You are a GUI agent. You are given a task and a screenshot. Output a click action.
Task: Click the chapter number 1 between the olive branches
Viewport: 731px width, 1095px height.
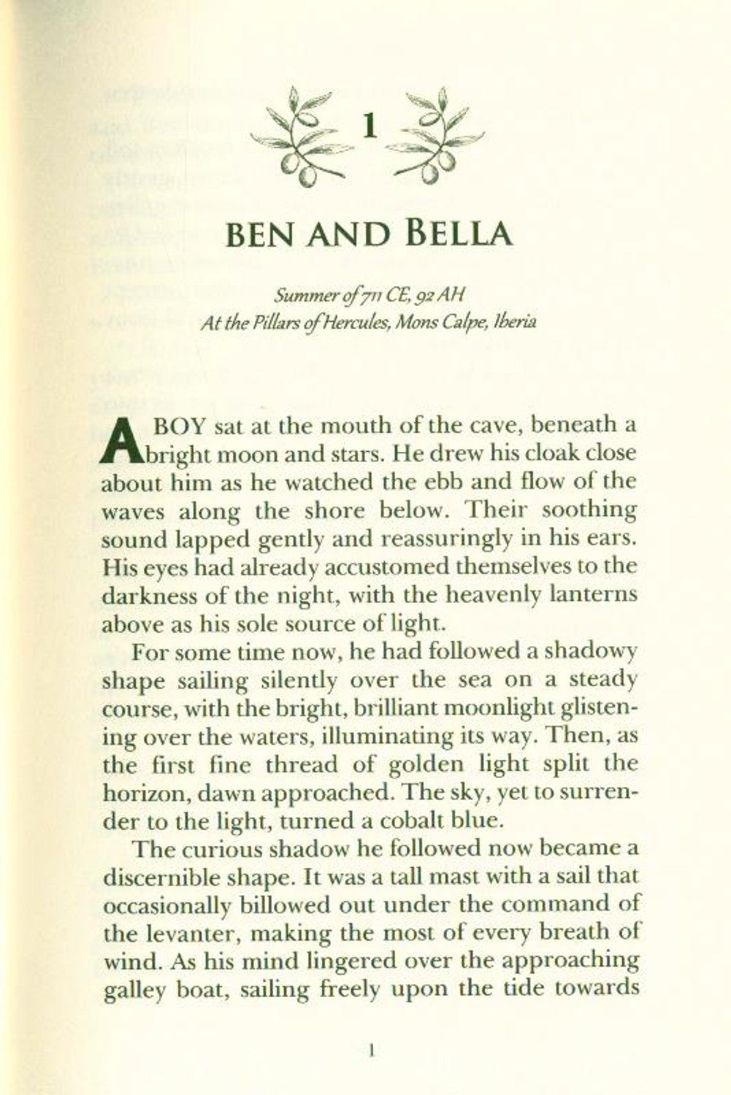pyautogui.click(x=370, y=128)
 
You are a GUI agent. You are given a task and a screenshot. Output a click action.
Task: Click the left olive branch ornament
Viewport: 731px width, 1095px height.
pyautogui.click(x=300, y=132)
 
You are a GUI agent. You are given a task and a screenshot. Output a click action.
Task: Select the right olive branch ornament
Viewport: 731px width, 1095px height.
pyautogui.click(x=437, y=132)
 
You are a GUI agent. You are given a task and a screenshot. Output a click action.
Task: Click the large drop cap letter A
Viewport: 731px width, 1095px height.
pyautogui.click(x=117, y=442)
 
